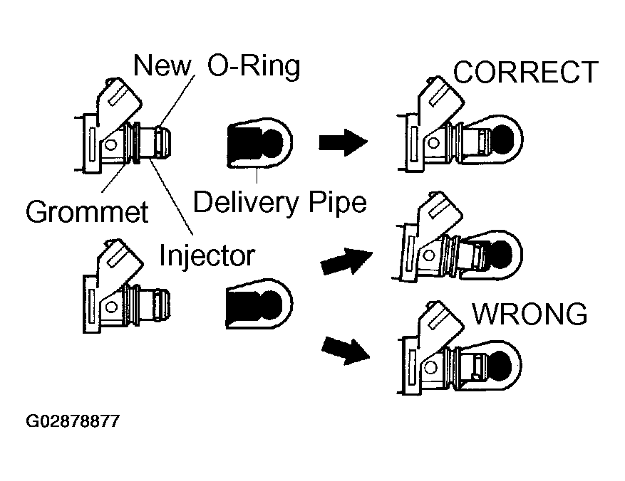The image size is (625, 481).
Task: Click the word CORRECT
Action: (x=526, y=73)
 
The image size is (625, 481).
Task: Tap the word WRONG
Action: (x=530, y=314)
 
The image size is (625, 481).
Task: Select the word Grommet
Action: (x=87, y=211)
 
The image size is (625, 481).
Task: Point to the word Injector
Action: (x=207, y=255)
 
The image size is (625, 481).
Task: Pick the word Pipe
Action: (x=338, y=203)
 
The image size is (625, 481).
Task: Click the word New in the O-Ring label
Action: (x=162, y=65)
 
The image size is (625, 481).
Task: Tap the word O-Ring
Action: (x=254, y=66)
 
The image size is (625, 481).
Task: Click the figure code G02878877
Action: (x=73, y=421)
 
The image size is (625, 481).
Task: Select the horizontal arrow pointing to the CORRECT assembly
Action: (x=344, y=142)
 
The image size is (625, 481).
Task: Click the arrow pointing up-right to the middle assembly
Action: (x=346, y=261)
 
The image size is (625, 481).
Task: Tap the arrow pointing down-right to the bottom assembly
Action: (x=346, y=351)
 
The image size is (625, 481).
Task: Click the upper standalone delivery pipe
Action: (x=259, y=142)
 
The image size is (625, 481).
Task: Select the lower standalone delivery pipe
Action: (x=259, y=304)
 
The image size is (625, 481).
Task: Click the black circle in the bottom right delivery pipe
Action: (x=500, y=364)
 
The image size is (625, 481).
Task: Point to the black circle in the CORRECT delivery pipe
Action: (x=502, y=138)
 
